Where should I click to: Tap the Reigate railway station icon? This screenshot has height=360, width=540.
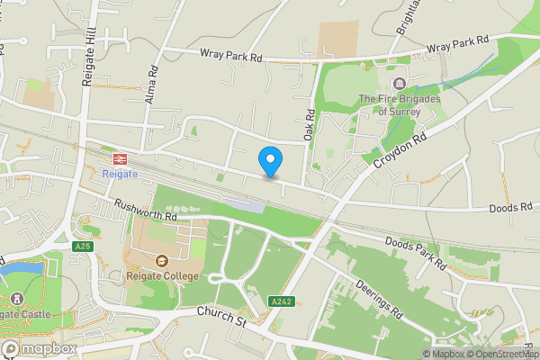[x=120, y=157]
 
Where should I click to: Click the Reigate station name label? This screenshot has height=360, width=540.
[x=120, y=174]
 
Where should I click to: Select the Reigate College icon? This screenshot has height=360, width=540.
[x=162, y=261]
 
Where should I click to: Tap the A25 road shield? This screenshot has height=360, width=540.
[x=83, y=246]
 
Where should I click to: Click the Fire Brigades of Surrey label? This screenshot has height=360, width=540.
[x=397, y=105]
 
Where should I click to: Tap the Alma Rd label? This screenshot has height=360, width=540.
[x=152, y=83]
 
